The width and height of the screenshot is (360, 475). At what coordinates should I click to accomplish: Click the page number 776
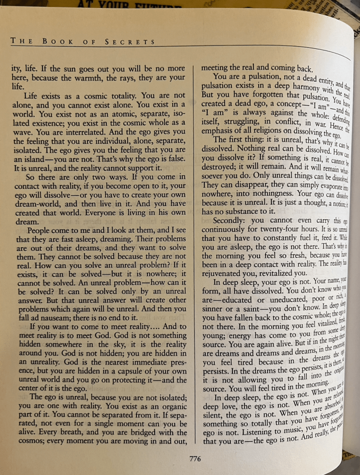click(x=195, y=459)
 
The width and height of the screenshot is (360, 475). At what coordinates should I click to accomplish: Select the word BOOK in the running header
click(x=58, y=41)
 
